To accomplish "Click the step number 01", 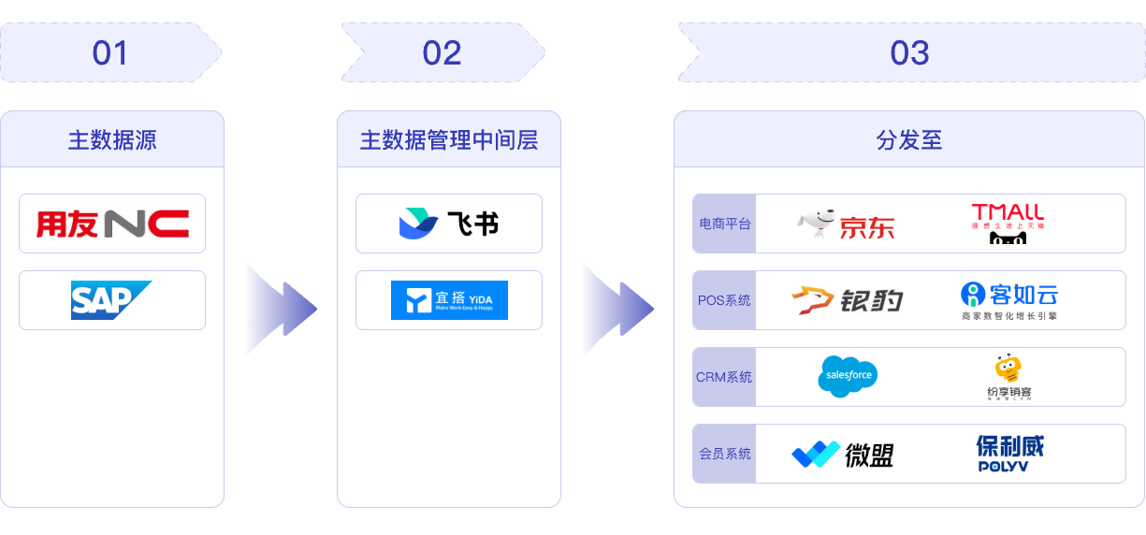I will pos(109,53).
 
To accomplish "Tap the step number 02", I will pos(442,53).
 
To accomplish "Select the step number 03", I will pos(909,53).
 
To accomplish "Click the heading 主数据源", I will pos(112,140).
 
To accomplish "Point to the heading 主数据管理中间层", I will pos(449,140).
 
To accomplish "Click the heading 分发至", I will pos(909,140).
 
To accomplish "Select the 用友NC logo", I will pos(112,224).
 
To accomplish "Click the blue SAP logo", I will pos(111,300).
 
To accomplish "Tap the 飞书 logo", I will pos(448,224).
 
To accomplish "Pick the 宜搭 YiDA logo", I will pos(449,300).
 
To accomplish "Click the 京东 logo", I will pos(846,224).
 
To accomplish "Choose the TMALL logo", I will pos(1008,224).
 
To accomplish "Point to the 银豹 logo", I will pos(847,300).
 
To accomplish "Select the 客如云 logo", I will pos(1008,300).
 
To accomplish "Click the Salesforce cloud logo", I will pos(847,376).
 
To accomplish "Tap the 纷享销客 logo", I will pos(1008,377).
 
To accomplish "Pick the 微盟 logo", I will pos(842,455).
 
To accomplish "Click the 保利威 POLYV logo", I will pos(1008,454).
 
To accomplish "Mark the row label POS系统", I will pos(724,300).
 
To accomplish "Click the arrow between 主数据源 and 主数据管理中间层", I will pos(280,308).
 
